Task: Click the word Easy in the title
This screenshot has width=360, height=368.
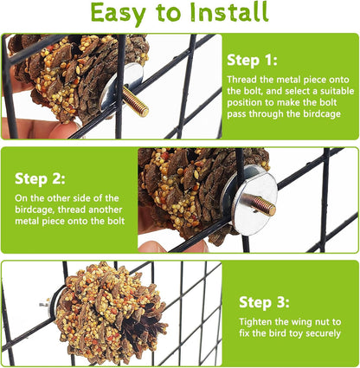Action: [x=119, y=14]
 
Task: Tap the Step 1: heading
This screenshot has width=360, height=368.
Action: [x=252, y=61]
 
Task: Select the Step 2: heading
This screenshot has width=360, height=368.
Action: [x=40, y=179]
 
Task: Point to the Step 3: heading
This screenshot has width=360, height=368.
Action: [x=264, y=303]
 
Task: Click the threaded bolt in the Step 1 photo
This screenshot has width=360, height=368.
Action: [x=135, y=101]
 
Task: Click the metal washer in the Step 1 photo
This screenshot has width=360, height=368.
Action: [x=121, y=87]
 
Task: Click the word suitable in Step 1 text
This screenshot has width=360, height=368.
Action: [x=336, y=91]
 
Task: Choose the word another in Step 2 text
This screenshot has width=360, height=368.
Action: [x=106, y=210]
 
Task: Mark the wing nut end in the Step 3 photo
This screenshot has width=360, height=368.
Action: [x=44, y=304]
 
